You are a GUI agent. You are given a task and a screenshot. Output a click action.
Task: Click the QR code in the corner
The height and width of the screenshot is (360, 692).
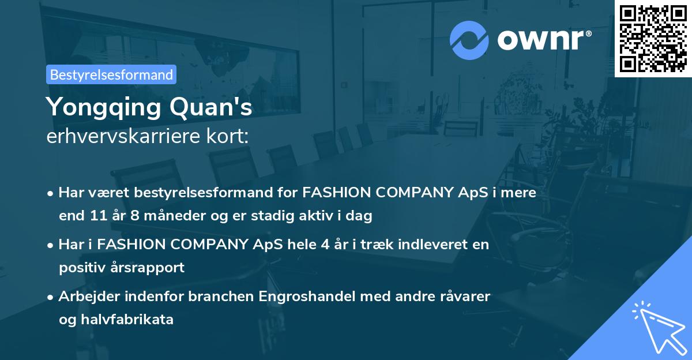653,38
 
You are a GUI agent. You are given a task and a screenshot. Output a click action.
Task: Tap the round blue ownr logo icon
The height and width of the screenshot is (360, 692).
469,40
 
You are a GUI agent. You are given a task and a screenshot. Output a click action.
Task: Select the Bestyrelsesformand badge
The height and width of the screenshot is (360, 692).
111,74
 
